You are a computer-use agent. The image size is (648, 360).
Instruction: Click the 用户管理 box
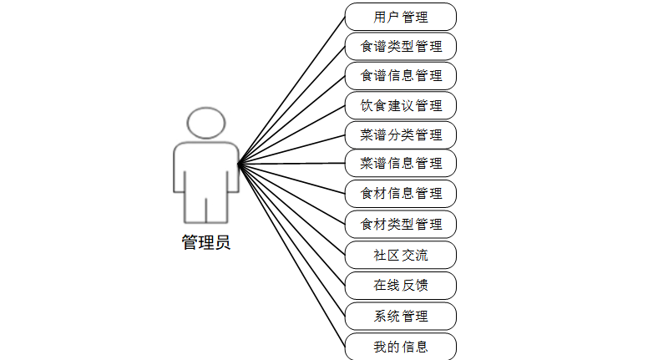[401, 17]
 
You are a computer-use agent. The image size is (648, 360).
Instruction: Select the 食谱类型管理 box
[401, 46]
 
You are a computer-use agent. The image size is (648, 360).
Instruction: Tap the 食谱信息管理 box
[401, 75]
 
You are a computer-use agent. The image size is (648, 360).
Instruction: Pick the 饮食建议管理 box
[401, 105]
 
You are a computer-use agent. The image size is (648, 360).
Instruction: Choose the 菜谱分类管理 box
[401, 134]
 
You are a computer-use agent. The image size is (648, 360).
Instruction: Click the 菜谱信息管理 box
[401, 163]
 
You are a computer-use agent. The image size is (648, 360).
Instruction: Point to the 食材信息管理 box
[401, 194]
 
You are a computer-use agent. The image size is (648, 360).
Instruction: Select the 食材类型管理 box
[401, 224]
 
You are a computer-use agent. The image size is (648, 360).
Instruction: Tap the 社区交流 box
[401, 254]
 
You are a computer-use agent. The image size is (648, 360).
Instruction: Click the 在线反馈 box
[401, 286]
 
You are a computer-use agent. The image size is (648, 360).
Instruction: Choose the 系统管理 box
[401, 317]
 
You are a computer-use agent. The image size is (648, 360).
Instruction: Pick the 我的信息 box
[401, 347]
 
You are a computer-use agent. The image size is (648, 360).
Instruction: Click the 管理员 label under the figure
[206, 244]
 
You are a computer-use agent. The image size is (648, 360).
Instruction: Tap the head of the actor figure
[206, 123]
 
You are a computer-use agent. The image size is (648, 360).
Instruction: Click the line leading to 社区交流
[291, 209]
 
